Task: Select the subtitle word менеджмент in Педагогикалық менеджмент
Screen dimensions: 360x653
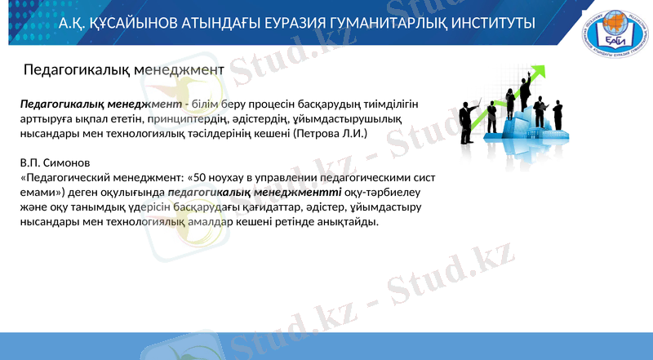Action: pyautogui.click(x=181, y=71)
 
